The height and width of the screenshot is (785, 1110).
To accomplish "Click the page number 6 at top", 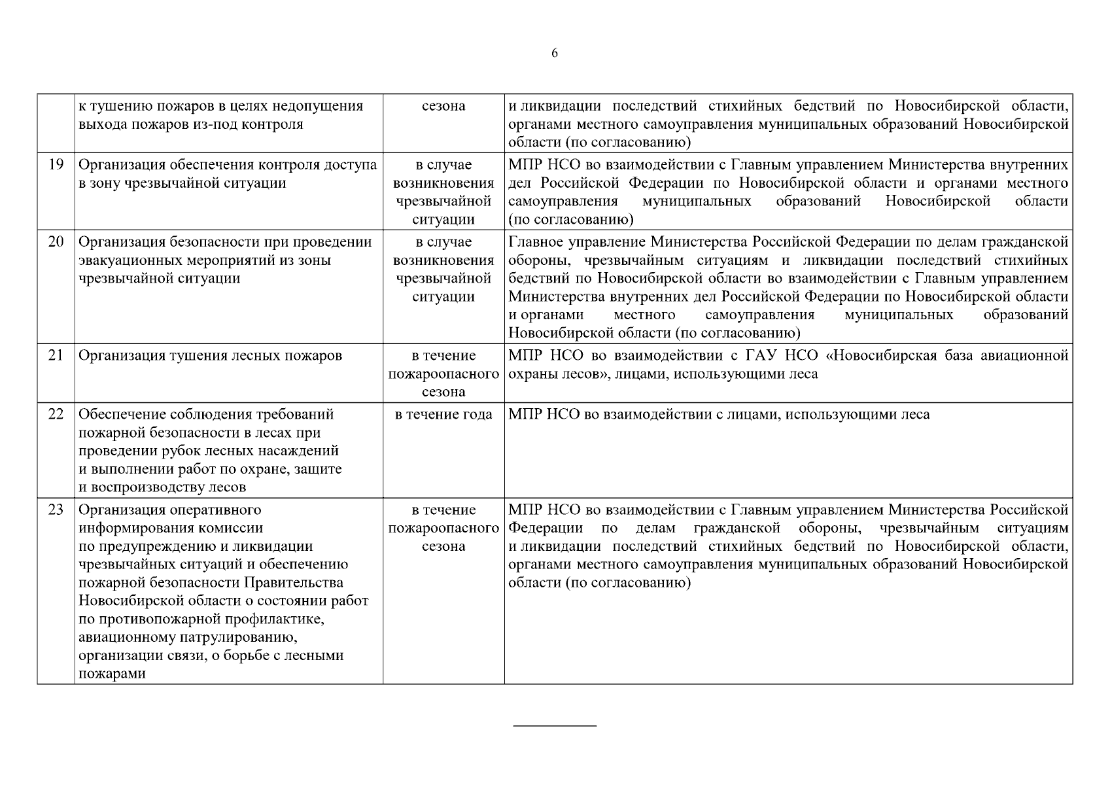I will [555, 54].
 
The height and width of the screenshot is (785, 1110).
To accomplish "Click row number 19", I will [56, 165].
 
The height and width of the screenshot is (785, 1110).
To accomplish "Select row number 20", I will [56, 242].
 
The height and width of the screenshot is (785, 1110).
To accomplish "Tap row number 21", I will [56, 356].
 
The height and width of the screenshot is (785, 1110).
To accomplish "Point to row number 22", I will [56, 415].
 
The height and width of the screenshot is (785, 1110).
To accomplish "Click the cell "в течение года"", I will [443, 415].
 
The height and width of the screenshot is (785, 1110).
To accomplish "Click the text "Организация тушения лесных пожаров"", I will [210, 356].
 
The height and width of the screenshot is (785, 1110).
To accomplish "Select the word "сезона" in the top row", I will [443, 106].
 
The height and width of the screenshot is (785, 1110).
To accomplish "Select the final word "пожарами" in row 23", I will [111, 674].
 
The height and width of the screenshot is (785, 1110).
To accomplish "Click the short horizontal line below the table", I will [555, 725].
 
